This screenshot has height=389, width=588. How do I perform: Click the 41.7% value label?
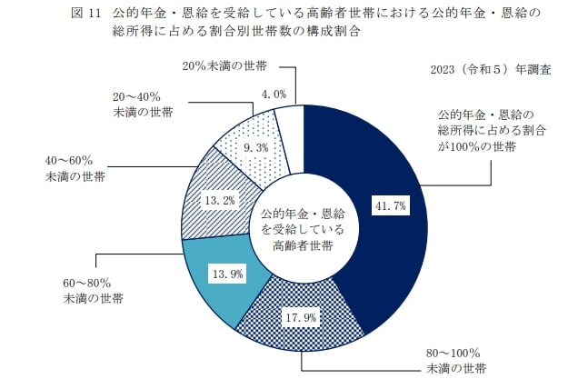pos(390,207)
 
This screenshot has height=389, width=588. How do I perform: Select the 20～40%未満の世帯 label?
pos(143,104)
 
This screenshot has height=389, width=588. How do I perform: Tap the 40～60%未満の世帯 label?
pos(75,168)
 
